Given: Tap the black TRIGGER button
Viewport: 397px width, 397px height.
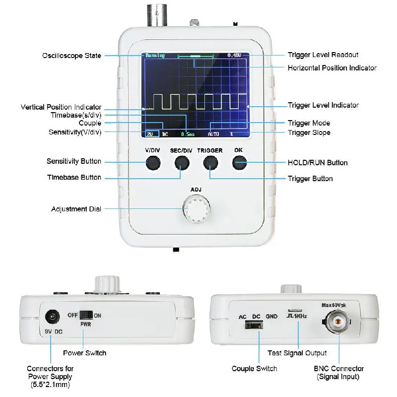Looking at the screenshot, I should click(210, 163).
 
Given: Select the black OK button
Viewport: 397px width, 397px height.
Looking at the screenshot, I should click(240, 162).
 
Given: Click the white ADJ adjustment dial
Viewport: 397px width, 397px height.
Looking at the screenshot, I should click(195, 208).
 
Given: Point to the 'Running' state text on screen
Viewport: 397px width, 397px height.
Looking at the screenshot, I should click(154, 56).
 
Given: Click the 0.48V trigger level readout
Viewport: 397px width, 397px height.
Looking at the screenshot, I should click(234, 55).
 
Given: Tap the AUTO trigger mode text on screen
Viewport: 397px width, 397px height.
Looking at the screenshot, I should click(213, 134).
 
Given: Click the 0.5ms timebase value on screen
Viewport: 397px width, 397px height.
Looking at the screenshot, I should click(188, 134).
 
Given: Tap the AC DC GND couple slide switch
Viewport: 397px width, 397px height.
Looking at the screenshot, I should click(254, 326).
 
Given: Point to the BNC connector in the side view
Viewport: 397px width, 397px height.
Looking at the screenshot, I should click(339, 323).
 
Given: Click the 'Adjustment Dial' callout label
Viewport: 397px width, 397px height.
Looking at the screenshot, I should click(76, 209).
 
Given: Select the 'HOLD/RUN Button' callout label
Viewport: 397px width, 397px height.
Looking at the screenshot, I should click(318, 163).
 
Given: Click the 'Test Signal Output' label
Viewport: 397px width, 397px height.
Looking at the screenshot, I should click(297, 353).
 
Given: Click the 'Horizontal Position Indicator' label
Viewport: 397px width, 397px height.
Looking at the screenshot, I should click(332, 68).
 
